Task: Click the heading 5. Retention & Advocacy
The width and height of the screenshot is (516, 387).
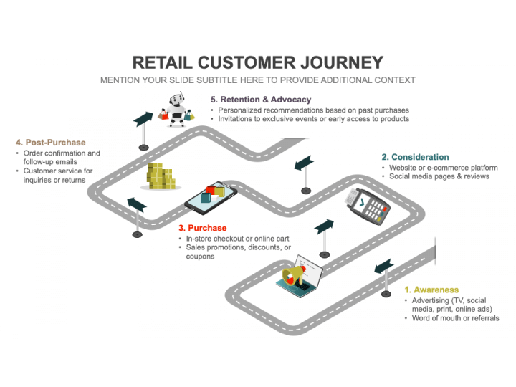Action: [261, 100]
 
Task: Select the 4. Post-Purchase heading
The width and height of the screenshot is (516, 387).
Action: [51, 143]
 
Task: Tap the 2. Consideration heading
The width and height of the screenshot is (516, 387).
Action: [415, 157]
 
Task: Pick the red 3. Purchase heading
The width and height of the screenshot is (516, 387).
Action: [203, 228]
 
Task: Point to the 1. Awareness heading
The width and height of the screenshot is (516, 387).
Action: [431, 290]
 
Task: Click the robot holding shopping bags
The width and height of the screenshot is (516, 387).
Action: [176, 110]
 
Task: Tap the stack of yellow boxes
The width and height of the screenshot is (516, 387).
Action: [161, 176]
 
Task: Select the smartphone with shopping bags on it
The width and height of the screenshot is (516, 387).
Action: [211, 198]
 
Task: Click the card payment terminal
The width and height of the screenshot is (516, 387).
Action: [367, 206]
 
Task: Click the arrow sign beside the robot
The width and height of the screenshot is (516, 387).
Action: [143, 130]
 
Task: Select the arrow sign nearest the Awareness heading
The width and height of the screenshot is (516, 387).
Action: [384, 277]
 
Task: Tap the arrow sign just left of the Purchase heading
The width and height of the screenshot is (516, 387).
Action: [137, 217]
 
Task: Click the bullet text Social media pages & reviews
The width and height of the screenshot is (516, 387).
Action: [439, 176]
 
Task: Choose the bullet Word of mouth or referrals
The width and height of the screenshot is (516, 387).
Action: [456, 318]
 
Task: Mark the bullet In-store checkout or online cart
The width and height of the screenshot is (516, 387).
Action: [238, 239]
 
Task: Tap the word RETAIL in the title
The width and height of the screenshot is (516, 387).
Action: [163, 62]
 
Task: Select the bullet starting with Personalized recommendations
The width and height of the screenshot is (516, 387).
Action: [314, 110]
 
